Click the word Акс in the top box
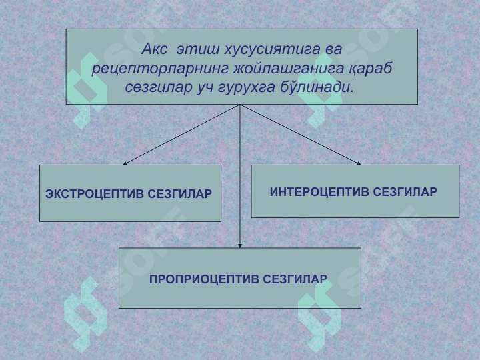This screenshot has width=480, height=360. (154, 49)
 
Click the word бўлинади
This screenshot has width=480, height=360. (317, 87)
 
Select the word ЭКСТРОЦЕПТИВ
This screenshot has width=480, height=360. (94, 194)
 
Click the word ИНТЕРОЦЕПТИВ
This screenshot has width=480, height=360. (319, 192)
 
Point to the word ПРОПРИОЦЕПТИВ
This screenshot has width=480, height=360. (203, 279)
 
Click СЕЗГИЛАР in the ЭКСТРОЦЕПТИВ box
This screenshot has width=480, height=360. (180, 194)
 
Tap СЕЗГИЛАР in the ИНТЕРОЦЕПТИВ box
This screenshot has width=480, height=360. (405, 192)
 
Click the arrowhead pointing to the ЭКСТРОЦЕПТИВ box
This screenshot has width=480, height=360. (125, 163)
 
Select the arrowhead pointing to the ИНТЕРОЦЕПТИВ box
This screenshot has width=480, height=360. (359, 163)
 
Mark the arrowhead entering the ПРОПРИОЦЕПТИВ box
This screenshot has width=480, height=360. (240, 246)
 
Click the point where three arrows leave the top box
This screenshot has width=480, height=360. (240, 105)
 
